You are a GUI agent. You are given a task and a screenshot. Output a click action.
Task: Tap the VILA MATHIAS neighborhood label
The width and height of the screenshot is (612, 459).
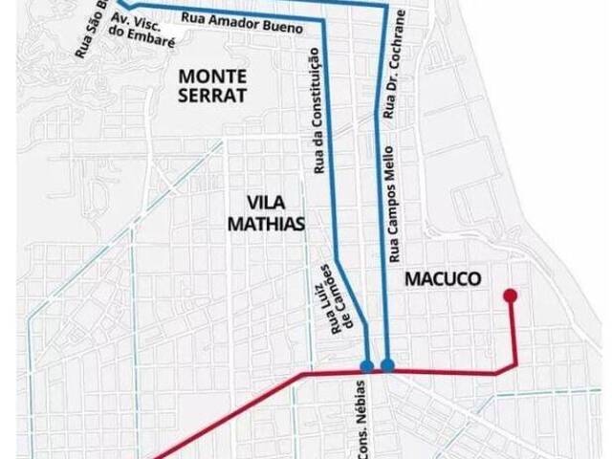[274, 213]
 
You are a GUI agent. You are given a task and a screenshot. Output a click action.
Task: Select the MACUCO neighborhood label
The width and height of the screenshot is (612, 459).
[441, 278]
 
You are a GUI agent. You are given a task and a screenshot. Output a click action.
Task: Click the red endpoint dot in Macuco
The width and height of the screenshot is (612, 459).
[511, 295]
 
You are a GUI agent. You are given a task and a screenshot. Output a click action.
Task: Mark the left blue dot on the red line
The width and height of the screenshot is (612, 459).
[367, 365]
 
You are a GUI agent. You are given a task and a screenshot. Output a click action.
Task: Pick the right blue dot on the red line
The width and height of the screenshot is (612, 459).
[387, 364]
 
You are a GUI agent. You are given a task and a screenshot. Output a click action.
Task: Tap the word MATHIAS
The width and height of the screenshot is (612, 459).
[274, 225]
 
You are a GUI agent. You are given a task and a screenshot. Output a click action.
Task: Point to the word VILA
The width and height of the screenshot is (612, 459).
[267, 203]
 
